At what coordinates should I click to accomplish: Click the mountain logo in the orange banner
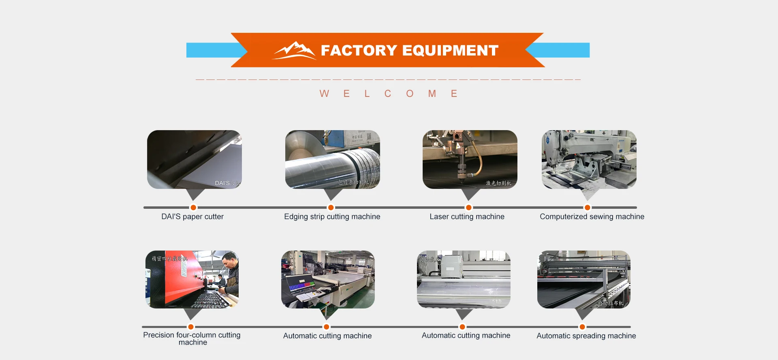pos(294,50)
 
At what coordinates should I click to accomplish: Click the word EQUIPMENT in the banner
pos(450,50)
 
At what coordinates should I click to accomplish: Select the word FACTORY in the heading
pos(359,50)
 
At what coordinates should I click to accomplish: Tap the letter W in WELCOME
pos(324,94)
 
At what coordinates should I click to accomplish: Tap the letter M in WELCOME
pos(432,94)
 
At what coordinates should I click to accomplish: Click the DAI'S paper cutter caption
pos(192,216)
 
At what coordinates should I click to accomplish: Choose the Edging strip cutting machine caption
pos(332,216)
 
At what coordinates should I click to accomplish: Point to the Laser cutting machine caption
pos(467,216)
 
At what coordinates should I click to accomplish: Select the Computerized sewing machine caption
pos(592,216)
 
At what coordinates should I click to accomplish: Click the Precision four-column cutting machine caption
pos(192,339)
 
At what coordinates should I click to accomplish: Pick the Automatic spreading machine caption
pos(586,336)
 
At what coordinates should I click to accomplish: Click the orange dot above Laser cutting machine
pos(468,208)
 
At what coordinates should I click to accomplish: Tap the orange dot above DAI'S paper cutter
pos(193,208)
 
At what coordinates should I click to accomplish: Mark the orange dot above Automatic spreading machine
pos(582,327)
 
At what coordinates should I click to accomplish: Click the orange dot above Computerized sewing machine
pos(587,208)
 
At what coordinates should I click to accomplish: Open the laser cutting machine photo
pos(470,159)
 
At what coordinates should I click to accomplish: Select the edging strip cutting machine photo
pos(332,159)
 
